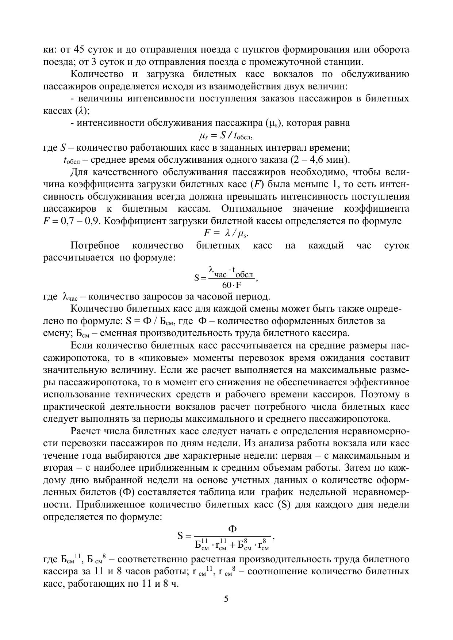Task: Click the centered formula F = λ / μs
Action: point(226,234)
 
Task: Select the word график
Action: point(277,492)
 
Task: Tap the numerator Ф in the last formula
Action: point(232,529)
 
